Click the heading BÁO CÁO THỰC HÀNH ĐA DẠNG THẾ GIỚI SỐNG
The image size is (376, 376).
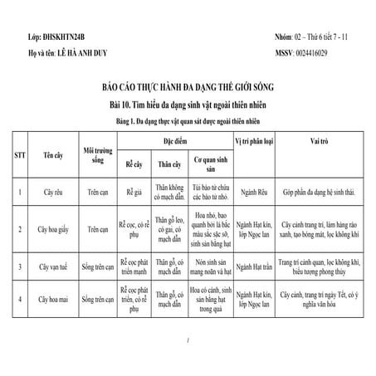pos(188,87)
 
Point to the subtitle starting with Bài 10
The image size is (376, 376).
pos(188,104)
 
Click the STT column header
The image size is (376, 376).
pos(19,154)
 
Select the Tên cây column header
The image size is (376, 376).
pos(56,154)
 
